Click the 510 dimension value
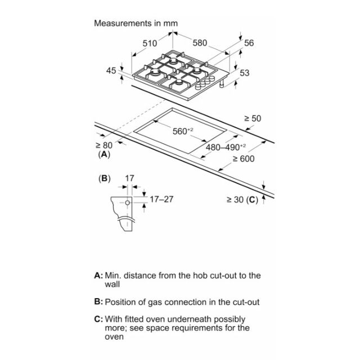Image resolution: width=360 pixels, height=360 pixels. pos(150,43)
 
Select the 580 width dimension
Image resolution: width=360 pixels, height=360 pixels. pos(200,43)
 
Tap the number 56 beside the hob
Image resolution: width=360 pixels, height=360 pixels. pos(249,43)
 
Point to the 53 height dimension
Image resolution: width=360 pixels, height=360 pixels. pos(245,73)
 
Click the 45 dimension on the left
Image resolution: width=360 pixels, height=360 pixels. pos(111,70)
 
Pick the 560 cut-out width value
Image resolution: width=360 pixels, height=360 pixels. pos(183,131)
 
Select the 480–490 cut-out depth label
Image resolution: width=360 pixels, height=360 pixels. pos(226,147)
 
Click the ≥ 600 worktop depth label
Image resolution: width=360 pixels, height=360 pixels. pos(244,159)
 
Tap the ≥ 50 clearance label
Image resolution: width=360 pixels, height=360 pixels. pos(253,119)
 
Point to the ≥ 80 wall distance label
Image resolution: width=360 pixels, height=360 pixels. pos(104,145)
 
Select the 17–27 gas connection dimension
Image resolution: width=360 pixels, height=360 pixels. pos(161,199)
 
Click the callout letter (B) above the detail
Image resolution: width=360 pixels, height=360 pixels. pos(105,178)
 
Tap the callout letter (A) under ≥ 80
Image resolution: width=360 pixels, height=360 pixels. pos(104,154)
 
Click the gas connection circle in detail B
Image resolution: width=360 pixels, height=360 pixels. pos(128,202)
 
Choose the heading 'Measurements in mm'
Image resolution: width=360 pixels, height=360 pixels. pos(136,23)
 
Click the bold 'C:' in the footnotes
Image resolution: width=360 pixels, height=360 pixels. pos(99,319)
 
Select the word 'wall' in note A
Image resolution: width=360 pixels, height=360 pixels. pos(112,284)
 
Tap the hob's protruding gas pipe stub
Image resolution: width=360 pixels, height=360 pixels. pos(222,84)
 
